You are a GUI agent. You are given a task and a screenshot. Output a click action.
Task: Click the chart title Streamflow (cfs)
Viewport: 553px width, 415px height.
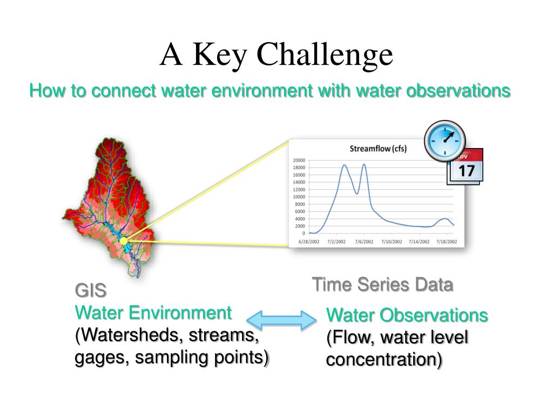pos(378,149)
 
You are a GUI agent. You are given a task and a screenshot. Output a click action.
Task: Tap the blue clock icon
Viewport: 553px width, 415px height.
pos(445,140)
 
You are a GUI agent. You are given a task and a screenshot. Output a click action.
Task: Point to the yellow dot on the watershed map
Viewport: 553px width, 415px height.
pos(124,241)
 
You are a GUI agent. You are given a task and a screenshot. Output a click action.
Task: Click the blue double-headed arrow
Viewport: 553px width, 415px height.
pos(281,320)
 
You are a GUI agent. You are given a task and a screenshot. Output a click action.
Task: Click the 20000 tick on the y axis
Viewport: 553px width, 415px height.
pos(299,160)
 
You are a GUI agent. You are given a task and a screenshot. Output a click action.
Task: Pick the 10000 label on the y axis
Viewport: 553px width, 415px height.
pos(299,197)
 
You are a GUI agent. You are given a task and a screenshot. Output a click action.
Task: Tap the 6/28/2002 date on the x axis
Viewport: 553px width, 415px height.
pos(309,242)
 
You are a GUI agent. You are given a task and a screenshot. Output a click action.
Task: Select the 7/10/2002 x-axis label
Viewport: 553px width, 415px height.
pos(392,242)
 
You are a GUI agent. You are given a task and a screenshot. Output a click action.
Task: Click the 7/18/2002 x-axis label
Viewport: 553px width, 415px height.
pos(447,242)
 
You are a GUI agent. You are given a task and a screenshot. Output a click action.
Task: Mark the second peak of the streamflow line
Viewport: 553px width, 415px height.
pos(364,164)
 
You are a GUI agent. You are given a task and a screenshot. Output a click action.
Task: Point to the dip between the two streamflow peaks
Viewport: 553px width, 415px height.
pos(357,193)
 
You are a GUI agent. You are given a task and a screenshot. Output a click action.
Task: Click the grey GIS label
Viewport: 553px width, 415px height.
pos(91,291)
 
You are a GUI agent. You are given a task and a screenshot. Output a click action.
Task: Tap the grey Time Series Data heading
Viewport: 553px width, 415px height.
pos(383,284)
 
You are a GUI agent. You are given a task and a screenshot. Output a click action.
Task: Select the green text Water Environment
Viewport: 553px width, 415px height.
pos(153,313)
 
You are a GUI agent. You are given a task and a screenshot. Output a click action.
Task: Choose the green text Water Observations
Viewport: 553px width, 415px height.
pos(407,315)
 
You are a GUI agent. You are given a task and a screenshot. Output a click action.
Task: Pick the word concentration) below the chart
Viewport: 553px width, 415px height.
pos(384,360)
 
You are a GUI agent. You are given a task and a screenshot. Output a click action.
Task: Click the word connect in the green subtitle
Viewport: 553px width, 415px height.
pos(124,91)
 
